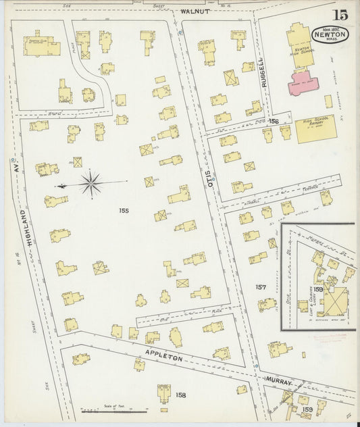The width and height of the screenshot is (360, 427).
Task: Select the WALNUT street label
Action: (196, 11)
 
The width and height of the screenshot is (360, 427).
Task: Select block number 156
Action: (273, 122)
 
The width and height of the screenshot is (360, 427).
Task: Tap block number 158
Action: (180, 395)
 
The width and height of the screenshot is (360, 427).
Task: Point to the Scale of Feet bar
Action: (113, 409)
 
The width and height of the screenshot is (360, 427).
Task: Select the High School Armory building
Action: (314, 128)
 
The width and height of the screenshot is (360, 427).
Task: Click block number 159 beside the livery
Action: (317, 288)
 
